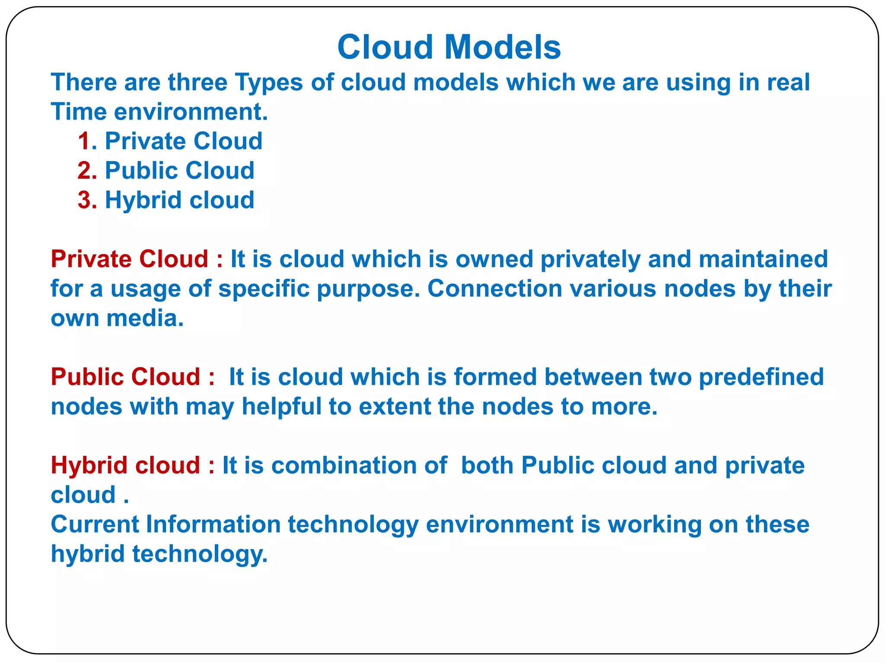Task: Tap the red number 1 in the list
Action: (x=84, y=141)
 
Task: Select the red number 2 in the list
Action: (x=85, y=170)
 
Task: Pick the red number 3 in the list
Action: (x=85, y=200)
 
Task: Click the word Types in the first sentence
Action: (x=268, y=83)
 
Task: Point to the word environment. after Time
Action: (x=191, y=112)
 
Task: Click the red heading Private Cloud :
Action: (x=137, y=259)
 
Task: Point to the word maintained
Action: (x=763, y=259)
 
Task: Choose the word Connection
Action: (x=494, y=288)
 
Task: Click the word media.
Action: (x=145, y=318)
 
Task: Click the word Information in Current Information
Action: (x=213, y=524)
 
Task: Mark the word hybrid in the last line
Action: (x=88, y=554)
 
